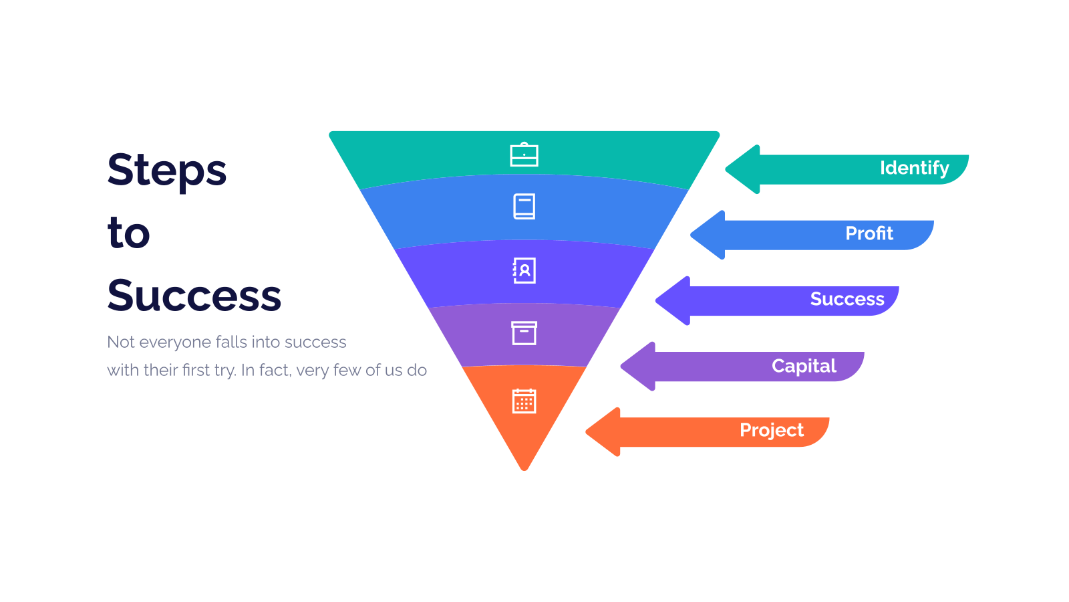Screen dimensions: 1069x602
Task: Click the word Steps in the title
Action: [x=167, y=172]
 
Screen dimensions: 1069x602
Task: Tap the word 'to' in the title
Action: [x=129, y=233]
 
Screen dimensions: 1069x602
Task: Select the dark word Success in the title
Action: [x=194, y=295]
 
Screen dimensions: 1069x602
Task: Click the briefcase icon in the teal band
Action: [x=524, y=155]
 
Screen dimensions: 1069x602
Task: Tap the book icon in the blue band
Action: [x=524, y=207]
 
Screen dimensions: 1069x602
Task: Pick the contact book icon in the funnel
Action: [x=524, y=270]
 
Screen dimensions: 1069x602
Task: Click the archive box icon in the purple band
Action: [x=524, y=333]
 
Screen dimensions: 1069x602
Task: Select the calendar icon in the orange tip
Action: [x=524, y=401]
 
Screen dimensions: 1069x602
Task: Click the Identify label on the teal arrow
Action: [x=915, y=168]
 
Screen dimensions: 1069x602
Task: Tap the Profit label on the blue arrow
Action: [x=869, y=233]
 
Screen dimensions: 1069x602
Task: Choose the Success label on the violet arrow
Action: [x=847, y=299]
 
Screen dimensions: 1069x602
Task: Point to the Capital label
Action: [x=804, y=366]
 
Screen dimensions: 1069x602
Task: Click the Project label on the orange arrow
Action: [x=772, y=431]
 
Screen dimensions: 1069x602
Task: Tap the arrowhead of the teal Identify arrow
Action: [x=742, y=169]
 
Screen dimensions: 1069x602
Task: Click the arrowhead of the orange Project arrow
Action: [x=603, y=432]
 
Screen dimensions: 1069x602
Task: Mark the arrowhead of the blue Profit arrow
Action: [x=708, y=235]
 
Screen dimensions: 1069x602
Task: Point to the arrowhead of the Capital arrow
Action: [x=638, y=367]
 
